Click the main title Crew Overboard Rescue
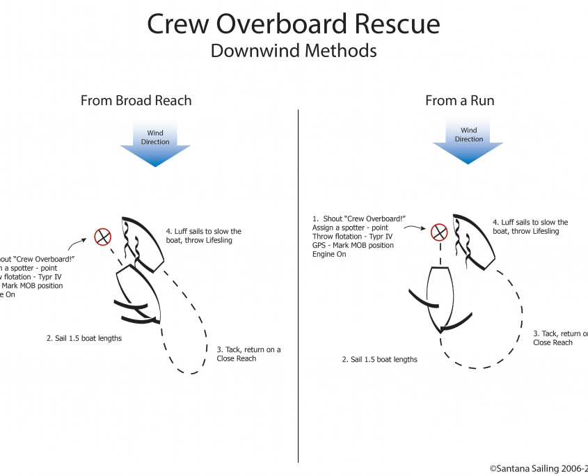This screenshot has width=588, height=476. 293,24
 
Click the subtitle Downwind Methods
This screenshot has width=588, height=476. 293,51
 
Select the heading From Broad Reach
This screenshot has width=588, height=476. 136,100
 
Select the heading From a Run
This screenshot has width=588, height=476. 459,100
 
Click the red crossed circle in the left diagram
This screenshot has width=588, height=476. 103,237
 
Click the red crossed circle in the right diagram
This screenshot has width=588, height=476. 438,232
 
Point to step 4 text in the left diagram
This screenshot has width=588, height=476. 203,236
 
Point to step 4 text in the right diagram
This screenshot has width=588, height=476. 530,227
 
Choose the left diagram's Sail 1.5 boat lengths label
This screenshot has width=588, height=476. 84,338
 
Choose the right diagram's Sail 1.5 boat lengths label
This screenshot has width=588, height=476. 379,360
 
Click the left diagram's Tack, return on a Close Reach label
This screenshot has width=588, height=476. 248,354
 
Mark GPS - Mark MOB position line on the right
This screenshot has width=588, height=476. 353,246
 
